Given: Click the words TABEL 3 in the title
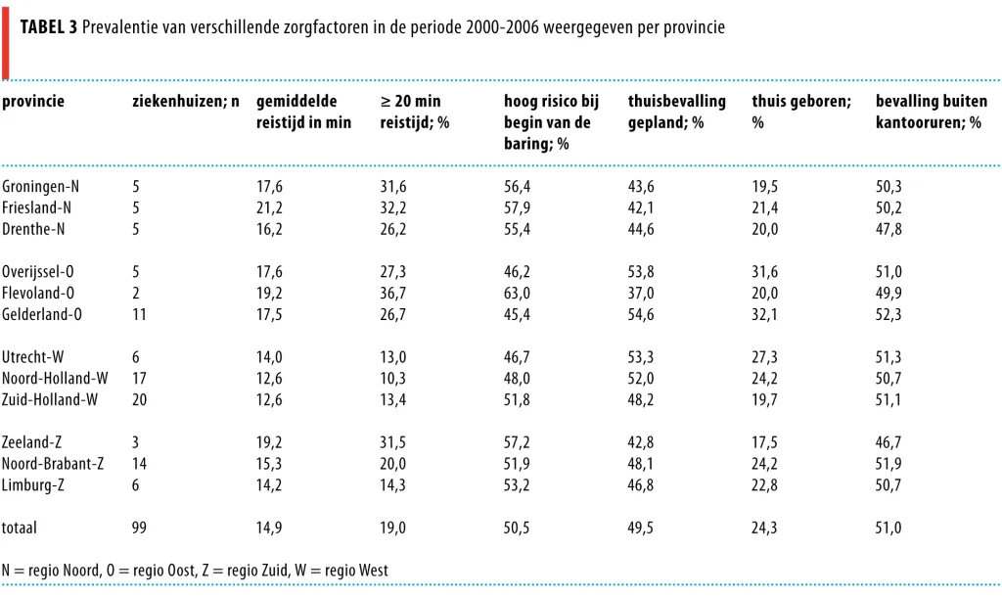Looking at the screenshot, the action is (x=49, y=27).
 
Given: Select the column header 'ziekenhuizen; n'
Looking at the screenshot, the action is (x=185, y=102).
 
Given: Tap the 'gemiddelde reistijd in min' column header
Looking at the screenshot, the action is (x=303, y=112).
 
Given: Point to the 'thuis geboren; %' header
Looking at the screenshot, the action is (x=801, y=112).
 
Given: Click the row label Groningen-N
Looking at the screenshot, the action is (x=40, y=187).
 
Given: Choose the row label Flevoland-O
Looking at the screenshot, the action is (x=38, y=294).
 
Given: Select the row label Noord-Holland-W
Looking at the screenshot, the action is (x=55, y=378).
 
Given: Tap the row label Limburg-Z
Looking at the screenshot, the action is (x=32, y=484).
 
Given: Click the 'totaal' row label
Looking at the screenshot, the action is (x=20, y=527).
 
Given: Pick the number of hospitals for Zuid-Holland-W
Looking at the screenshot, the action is (x=139, y=400).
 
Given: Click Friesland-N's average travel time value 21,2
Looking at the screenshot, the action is (x=269, y=208).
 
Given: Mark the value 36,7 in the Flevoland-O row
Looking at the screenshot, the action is (x=393, y=294).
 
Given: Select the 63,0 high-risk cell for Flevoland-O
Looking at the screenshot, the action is (x=517, y=294).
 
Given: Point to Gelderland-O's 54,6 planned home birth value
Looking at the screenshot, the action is (x=641, y=314).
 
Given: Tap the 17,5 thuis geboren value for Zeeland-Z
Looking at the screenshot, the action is (x=764, y=442).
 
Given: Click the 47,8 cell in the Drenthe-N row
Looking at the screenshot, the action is (x=888, y=229).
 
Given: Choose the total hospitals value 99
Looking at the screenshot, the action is (x=139, y=527).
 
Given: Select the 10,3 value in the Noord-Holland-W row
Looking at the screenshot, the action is (x=393, y=378).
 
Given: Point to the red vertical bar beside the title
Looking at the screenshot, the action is (x=6, y=43).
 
